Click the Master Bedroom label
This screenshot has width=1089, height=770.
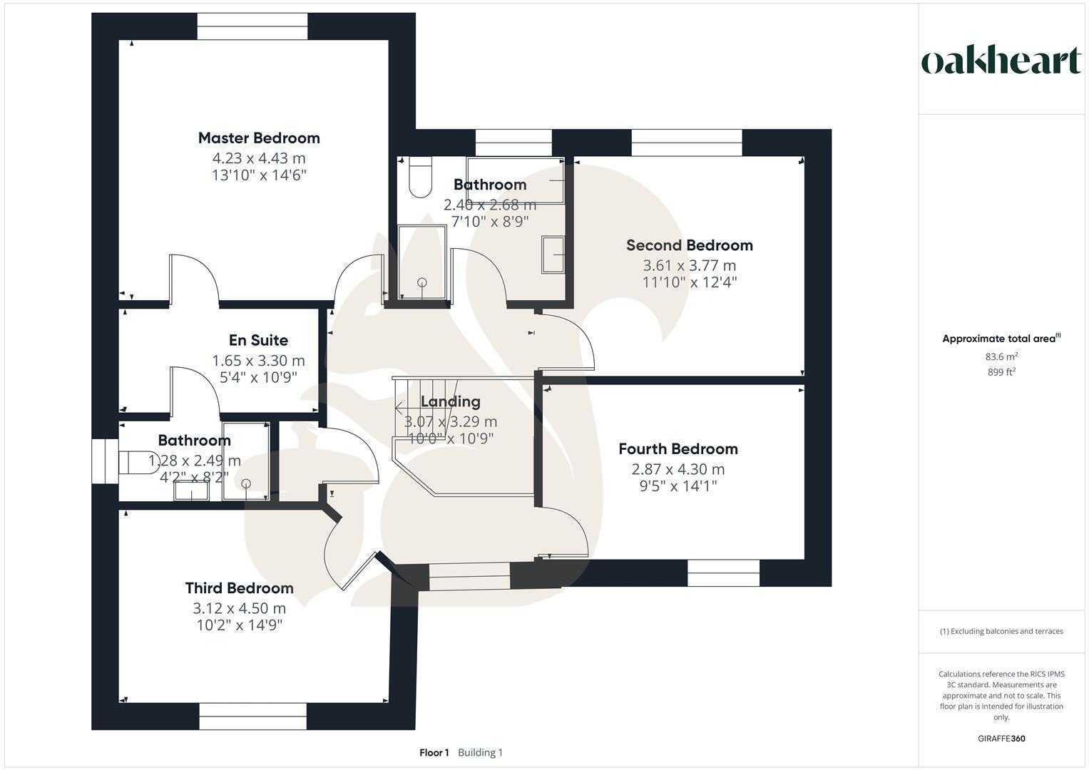pyautogui.click(x=259, y=138)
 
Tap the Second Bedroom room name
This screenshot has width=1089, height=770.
pyautogui.click(x=690, y=245)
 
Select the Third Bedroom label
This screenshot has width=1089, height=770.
pyautogui.click(x=240, y=588)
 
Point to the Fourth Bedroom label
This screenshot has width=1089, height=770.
pyautogui.click(x=678, y=449)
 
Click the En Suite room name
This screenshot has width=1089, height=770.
pyautogui.click(x=258, y=341)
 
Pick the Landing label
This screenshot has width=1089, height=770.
pyautogui.click(x=451, y=402)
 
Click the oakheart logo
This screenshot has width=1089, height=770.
pyautogui.click(x=1001, y=61)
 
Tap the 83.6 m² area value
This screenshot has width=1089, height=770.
pyautogui.click(x=1001, y=357)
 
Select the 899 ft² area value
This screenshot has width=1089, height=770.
pyautogui.click(x=1001, y=372)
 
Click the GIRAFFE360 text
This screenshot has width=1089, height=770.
pyautogui.click(x=1001, y=739)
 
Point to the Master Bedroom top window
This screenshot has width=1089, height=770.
pyautogui.click(x=252, y=26)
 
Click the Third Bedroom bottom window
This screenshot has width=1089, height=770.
pyautogui.click(x=253, y=717)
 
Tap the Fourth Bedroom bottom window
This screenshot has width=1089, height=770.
pyautogui.click(x=724, y=573)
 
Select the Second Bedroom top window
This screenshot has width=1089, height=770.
pyautogui.click(x=687, y=143)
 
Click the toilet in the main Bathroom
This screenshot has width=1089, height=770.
pyautogui.click(x=420, y=178)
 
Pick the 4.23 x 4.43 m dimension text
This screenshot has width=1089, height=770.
pyautogui.click(x=259, y=158)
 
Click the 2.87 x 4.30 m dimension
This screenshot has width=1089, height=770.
pyautogui.click(x=678, y=469)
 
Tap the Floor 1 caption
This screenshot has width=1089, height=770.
pyautogui.click(x=434, y=753)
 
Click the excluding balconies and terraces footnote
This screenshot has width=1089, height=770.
pyautogui.click(x=1001, y=631)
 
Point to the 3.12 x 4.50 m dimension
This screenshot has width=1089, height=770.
pyautogui.click(x=240, y=608)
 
